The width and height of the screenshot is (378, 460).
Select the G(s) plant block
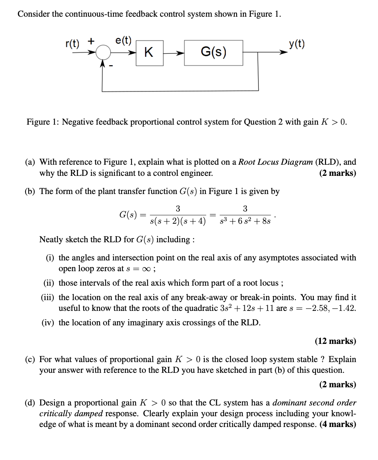(x=214, y=52)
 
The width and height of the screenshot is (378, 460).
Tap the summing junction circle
(x=103, y=53)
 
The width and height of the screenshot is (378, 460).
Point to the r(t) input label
(x=72, y=44)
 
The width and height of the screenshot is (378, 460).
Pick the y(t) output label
(x=297, y=44)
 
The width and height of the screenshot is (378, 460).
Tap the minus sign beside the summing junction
(x=110, y=66)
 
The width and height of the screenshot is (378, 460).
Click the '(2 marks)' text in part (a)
(x=338, y=173)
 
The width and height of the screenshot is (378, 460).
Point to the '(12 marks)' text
(x=335, y=341)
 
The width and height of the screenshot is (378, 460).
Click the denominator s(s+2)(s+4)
(x=177, y=221)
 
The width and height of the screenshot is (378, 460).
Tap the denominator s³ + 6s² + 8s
(x=245, y=221)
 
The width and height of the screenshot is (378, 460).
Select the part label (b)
(x=30, y=191)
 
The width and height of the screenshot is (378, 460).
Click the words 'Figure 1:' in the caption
(x=43, y=122)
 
